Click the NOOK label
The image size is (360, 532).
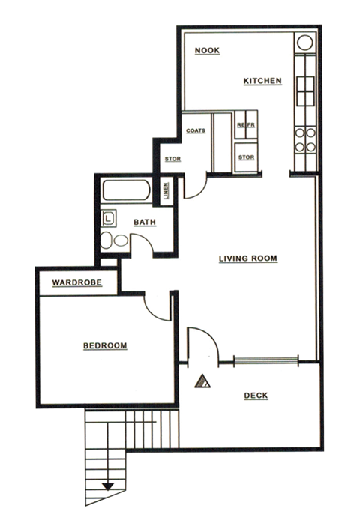pyautogui.click(x=206, y=51)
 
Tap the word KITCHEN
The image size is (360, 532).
pyautogui.click(x=262, y=80)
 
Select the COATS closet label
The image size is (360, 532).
pyautogui.click(x=196, y=130)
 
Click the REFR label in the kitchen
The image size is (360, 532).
pyautogui.click(x=247, y=124)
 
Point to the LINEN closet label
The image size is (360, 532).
pyautogui.click(x=165, y=192)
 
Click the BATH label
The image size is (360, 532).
pyautogui.click(x=144, y=223)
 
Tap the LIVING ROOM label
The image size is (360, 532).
pyautogui.click(x=248, y=259)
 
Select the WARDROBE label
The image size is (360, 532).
pyautogui.click(x=76, y=283)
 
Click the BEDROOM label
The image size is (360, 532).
pyautogui.click(x=104, y=345)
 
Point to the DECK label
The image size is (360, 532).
pyautogui.click(x=256, y=396)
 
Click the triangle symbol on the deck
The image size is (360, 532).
pyautogui.click(x=200, y=382)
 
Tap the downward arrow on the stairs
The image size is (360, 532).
pyautogui.click(x=108, y=486)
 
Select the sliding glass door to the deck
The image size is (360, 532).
pyautogui.click(x=265, y=360)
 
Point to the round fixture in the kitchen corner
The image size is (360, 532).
pyautogui.click(x=305, y=42)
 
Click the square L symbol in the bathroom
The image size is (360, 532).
pyautogui.click(x=109, y=219)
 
